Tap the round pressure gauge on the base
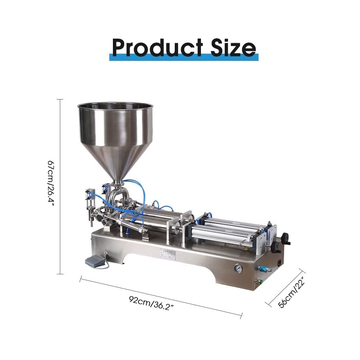tap(236, 269)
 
